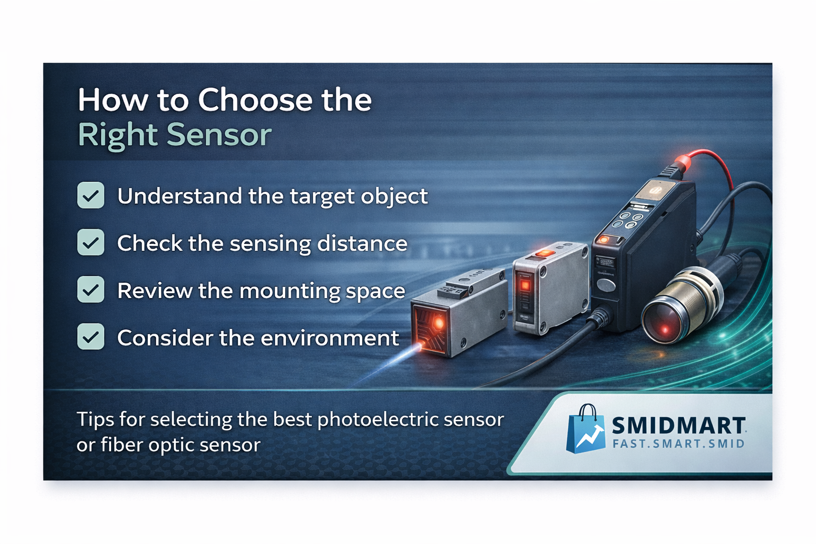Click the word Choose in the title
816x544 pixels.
(x=255, y=100)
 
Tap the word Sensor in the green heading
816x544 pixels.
(x=219, y=135)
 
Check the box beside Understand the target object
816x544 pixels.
(x=91, y=195)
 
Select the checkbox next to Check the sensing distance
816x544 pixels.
(x=91, y=242)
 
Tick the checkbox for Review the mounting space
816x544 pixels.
(x=91, y=290)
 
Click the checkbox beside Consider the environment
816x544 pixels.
(x=91, y=337)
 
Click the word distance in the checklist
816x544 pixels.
(x=362, y=243)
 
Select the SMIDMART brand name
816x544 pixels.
(x=679, y=425)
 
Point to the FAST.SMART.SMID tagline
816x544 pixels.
(x=678, y=444)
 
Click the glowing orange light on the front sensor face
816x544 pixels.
(x=438, y=323)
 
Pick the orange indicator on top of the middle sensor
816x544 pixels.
(x=545, y=253)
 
